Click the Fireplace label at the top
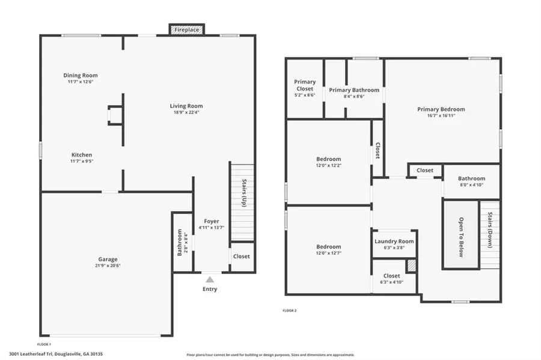[186, 29]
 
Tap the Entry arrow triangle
[209, 279]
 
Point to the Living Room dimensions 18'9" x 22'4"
[186, 112]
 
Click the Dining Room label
[81, 75]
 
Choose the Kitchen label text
[81, 154]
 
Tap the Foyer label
[212, 221]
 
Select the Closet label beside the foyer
[242, 256]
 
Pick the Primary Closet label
[305, 82]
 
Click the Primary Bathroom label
[354, 90]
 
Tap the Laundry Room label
[394, 241]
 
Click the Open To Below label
[462, 236]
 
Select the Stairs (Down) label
[491, 232]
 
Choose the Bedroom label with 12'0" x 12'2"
[329, 159]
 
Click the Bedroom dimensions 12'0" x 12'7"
[329, 253]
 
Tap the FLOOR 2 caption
[290, 311]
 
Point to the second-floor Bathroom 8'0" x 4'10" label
[471, 178]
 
